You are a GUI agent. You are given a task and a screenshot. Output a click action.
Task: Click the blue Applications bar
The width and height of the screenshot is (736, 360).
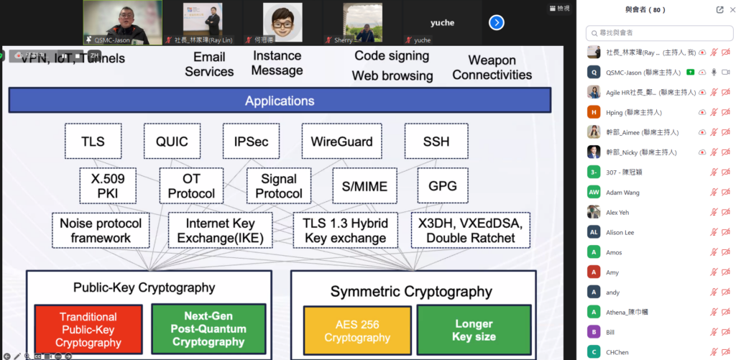point(280,101)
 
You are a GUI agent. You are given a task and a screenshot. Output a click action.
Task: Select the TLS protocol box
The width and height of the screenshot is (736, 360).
point(93,141)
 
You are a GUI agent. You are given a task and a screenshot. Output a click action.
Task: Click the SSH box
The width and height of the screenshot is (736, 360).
point(436,141)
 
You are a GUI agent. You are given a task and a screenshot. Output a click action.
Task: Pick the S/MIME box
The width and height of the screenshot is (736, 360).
point(364,186)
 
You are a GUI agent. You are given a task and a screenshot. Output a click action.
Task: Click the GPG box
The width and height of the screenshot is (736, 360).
point(443,185)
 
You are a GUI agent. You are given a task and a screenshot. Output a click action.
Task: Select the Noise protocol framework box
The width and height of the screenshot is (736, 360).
point(101,231)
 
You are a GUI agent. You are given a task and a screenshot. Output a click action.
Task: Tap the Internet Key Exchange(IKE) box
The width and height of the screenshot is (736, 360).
point(221,231)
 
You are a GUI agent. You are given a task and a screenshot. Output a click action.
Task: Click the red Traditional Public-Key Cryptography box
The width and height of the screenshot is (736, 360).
point(88,329)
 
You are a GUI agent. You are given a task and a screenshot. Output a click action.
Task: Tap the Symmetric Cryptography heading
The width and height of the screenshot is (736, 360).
point(411,292)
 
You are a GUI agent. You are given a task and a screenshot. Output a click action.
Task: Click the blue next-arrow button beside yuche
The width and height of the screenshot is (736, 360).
point(496,22)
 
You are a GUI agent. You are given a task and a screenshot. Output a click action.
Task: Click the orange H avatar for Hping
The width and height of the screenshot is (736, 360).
point(594,112)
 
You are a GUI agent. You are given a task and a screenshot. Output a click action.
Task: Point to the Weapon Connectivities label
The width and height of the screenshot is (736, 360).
point(492,68)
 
